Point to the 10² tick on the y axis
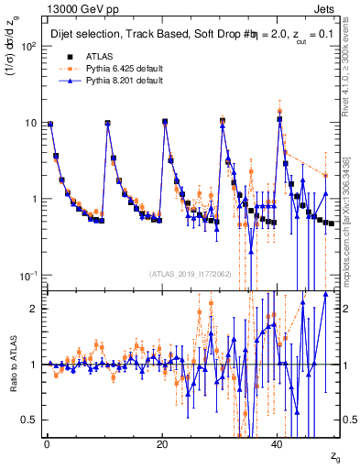[27, 46]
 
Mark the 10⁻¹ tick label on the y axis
[27, 275]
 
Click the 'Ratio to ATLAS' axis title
[12, 365]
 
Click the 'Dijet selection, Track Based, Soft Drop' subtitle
[128, 34]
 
